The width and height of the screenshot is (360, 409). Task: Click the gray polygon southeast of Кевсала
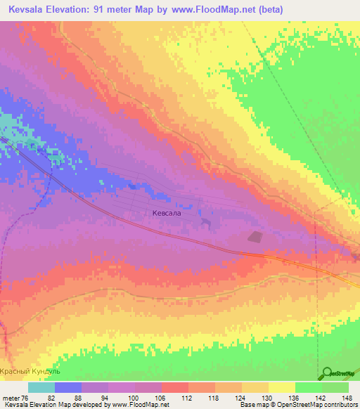[254, 237]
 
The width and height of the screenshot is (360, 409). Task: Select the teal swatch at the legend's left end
[41, 388]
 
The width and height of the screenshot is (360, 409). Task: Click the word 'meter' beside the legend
[11, 398]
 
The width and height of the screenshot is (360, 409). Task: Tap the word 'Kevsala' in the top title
[29, 8]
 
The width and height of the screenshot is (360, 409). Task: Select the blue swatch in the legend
[68, 388]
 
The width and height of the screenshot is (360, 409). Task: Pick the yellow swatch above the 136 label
[282, 388]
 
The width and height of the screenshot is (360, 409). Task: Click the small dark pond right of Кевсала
[205, 222]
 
